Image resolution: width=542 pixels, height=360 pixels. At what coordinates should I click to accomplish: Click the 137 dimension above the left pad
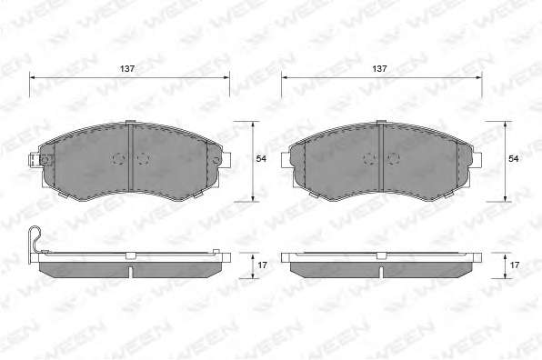[x=127, y=69]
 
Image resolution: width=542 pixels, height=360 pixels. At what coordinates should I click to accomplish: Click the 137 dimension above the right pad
[x=379, y=69]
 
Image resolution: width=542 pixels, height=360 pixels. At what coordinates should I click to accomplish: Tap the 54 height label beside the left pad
[x=261, y=158]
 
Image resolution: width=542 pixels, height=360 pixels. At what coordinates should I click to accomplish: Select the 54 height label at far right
[x=513, y=158]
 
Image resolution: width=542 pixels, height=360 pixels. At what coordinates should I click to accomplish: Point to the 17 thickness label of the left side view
[x=262, y=265]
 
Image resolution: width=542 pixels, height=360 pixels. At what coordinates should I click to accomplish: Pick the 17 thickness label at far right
[x=515, y=265]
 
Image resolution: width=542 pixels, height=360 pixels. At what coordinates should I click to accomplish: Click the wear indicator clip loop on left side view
[x=35, y=239]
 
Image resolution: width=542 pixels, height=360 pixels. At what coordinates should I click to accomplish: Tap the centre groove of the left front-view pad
[x=131, y=157]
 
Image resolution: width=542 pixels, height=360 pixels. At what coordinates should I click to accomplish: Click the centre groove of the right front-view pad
[x=381, y=157]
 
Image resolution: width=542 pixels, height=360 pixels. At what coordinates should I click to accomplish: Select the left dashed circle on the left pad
[x=118, y=158]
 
